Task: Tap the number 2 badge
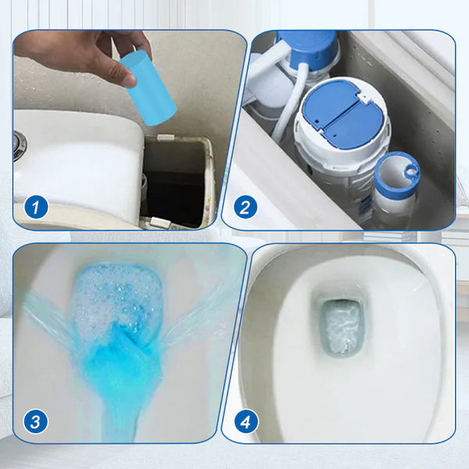[x=245, y=207]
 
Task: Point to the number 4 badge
[x=245, y=421]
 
